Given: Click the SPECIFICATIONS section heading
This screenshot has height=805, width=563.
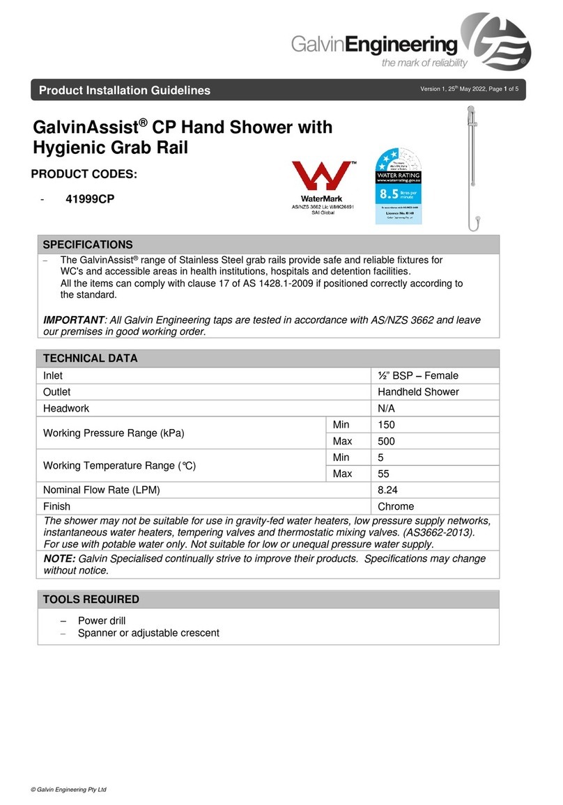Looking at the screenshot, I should coord(88,244).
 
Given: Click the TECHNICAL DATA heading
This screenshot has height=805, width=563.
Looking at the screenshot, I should coord(91,359).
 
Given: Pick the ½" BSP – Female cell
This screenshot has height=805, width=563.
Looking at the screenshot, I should coord(418,375).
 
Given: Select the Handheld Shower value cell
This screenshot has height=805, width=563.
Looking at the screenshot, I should coord(417,392).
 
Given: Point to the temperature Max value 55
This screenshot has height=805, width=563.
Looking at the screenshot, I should coord(383,474).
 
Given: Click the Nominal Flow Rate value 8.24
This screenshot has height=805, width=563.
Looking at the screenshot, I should coord(388,490).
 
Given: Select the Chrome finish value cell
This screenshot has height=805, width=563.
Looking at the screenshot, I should coord(396,506).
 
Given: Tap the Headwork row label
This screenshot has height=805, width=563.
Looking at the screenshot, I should coord(66,409).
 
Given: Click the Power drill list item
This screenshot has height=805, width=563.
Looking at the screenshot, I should coord(102,620).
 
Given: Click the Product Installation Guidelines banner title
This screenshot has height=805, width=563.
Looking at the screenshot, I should coord(124,91).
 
